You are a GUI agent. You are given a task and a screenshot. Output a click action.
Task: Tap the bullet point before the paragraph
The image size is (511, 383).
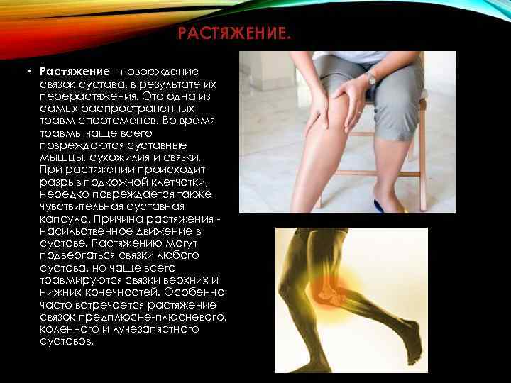[x=31, y=72]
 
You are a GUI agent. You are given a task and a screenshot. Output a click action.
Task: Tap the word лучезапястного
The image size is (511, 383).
[x=146, y=329]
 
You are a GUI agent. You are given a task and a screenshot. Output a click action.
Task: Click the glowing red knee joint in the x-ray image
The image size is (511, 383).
[x=329, y=292]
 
